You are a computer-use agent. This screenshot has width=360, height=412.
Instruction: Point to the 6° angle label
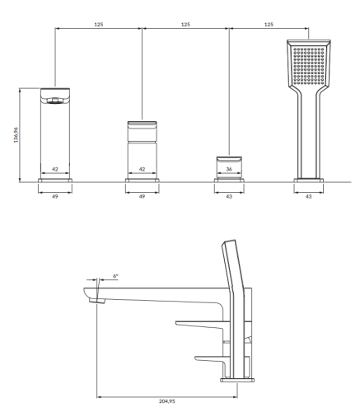pyautogui.click(x=115, y=278)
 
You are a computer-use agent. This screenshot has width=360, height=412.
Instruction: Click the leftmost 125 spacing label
pyautogui.click(x=99, y=25)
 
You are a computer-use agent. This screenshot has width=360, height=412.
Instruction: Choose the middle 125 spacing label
pyautogui.click(x=185, y=25)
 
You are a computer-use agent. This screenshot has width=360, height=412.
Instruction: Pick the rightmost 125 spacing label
pyautogui.click(x=269, y=25)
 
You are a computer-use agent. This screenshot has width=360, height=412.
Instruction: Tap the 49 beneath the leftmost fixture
pyautogui.click(x=55, y=196)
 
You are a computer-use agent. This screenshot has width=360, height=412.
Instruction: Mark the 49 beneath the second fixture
pyautogui.click(x=142, y=196)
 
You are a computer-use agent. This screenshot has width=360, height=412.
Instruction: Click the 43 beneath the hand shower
pyautogui.click(x=310, y=196)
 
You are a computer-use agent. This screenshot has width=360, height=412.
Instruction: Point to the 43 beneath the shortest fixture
pyautogui.click(x=228, y=196)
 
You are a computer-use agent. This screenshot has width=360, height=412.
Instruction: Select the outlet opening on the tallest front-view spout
pyautogui.click(x=55, y=101)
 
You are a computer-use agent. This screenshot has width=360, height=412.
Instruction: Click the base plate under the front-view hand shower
pyautogui.click(x=310, y=177)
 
